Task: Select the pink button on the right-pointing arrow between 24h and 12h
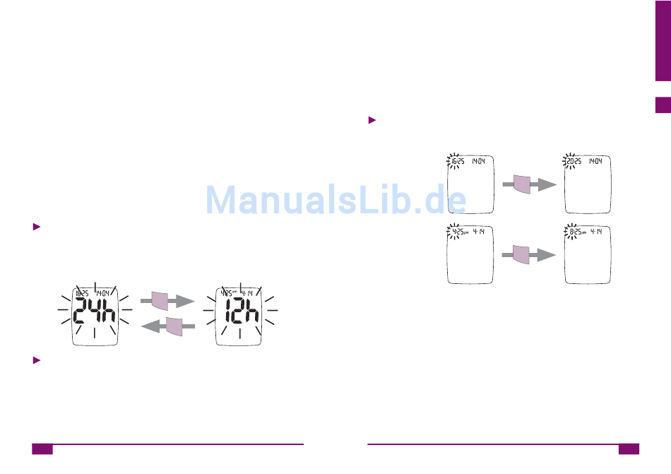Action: tap(160, 301)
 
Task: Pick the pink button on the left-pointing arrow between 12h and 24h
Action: tap(174, 327)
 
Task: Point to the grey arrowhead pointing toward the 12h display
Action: tap(185, 301)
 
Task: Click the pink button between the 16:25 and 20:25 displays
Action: tap(521, 184)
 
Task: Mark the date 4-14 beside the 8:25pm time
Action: tap(595, 232)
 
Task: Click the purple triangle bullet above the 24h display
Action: tap(37, 227)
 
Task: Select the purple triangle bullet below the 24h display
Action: tap(37, 360)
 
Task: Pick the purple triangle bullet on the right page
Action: tap(372, 120)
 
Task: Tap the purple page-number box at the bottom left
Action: tap(42, 449)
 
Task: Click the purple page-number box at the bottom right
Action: tap(629, 449)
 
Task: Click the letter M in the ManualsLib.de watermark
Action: tap(221, 200)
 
